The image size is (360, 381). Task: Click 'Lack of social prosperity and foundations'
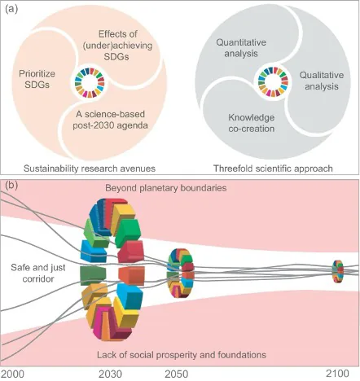point(176,356)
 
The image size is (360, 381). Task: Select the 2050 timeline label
point(180,373)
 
